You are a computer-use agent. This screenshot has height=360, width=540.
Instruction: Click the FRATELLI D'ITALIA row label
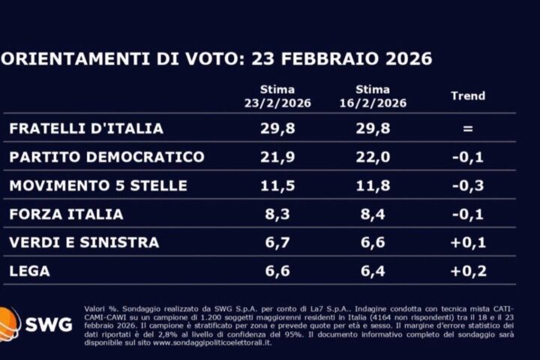pyautogui.click(x=86, y=128)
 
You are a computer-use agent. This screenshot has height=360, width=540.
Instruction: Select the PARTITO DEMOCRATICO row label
pyautogui.click(x=106, y=157)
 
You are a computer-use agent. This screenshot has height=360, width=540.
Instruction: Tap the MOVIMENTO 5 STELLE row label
pyautogui.click(x=98, y=185)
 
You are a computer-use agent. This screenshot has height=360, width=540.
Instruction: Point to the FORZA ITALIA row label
pyautogui.click(x=66, y=214)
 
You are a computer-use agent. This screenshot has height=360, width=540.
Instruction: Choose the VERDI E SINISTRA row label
pyautogui.click(x=84, y=242)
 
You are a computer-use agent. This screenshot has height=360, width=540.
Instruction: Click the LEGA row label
pyautogui.click(x=29, y=271)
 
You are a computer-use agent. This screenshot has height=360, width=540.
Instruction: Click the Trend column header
pyautogui.click(x=467, y=96)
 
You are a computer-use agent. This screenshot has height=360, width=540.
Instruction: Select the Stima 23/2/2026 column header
pyautogui.click(x=277, y=96)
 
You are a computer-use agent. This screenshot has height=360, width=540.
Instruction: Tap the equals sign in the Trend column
pyautogui.click(x=467, y=128)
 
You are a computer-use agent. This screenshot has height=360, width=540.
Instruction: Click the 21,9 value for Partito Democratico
pyautogui.click(x=277, y=157)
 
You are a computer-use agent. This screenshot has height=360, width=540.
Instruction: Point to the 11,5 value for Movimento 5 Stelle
pyautogui.click(x=277, y=185)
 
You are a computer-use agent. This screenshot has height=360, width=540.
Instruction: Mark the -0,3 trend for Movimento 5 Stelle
pyautogui.click(x=467, y=185)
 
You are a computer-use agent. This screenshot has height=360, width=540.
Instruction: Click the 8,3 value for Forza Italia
pyautogui.click(x=277, y=214)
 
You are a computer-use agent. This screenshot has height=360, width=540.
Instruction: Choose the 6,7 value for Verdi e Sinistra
pyautogui.click(x=277, y=242)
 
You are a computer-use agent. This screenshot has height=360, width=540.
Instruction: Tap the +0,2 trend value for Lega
pyautogui.click(x=467, y=271)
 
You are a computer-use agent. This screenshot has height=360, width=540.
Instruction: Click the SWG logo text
pyautogui.click(x=48, y=324)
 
